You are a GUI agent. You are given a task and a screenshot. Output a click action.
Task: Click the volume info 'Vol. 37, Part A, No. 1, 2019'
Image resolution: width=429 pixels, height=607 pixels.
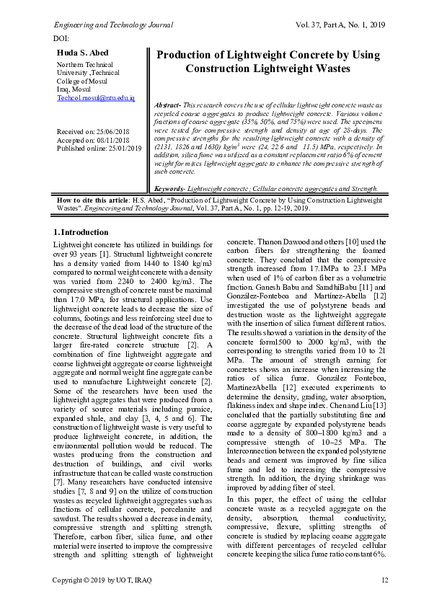pos(340,25)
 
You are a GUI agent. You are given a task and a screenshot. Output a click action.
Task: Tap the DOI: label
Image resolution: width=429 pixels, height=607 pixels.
pos(61,37)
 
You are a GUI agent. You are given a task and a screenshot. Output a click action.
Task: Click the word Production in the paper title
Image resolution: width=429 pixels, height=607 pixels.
pos(192,56)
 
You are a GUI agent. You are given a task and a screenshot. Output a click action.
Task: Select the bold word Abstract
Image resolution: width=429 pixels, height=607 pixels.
pos(169,105)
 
